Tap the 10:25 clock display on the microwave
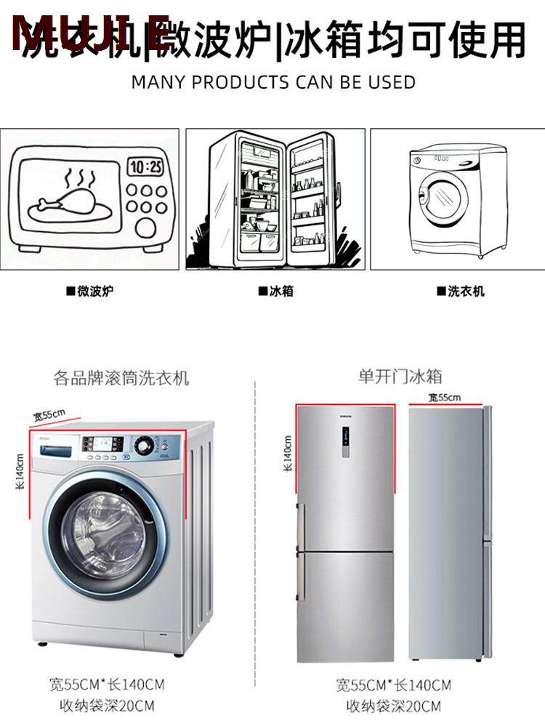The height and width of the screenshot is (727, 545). pyautogui.click(x=146, y=166)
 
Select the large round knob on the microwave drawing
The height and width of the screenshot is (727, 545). pyautogui.click(x=146, y=228)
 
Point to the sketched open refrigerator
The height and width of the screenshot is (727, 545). pyautogui.click(x=276, y=198)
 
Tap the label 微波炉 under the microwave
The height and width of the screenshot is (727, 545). pyautogui.click(x=90, y=292)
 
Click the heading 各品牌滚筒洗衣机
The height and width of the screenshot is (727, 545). pyautogui.click(x=121, y=378)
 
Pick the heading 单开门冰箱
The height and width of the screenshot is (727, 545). pyautogui.click(x=400, y=377)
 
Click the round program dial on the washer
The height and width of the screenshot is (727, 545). pyautogui.click(x=146, y=444)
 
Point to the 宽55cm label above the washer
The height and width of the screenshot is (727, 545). pyautogui.click(x=49, y=415)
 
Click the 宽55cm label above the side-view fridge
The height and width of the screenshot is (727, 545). pyautogui.click(x=445, y=398)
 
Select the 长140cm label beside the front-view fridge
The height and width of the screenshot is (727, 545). pyautogui.click(x=288, y=454)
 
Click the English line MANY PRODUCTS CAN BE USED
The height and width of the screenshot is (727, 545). pyautogui.click(x=273, y=81)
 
